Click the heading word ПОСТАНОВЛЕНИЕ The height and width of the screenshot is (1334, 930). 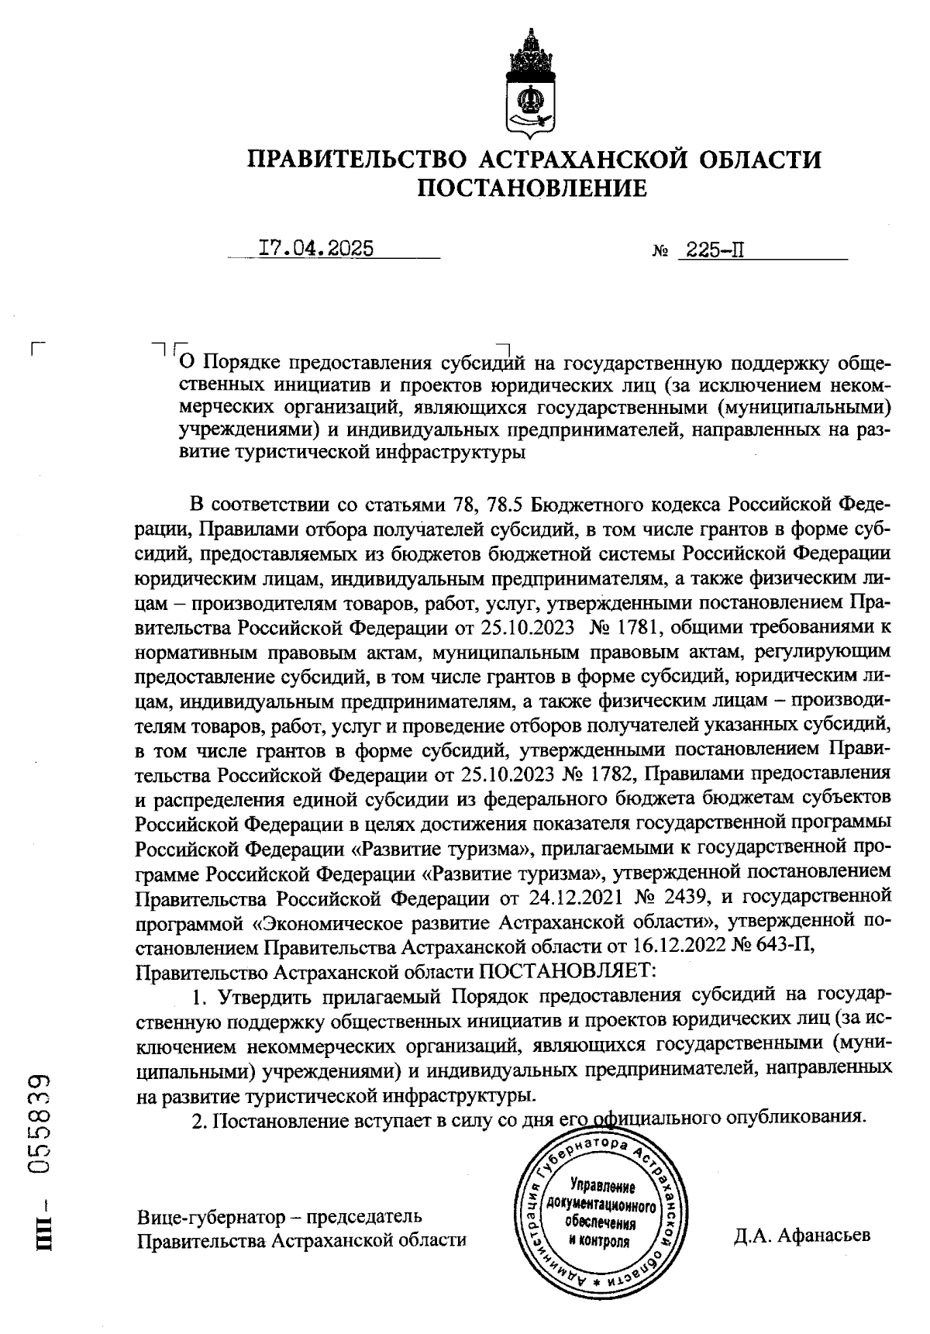pos(532,188)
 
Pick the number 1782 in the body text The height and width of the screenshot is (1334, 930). pos(607,773)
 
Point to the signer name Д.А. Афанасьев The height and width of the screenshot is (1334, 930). pos(802,1235)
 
